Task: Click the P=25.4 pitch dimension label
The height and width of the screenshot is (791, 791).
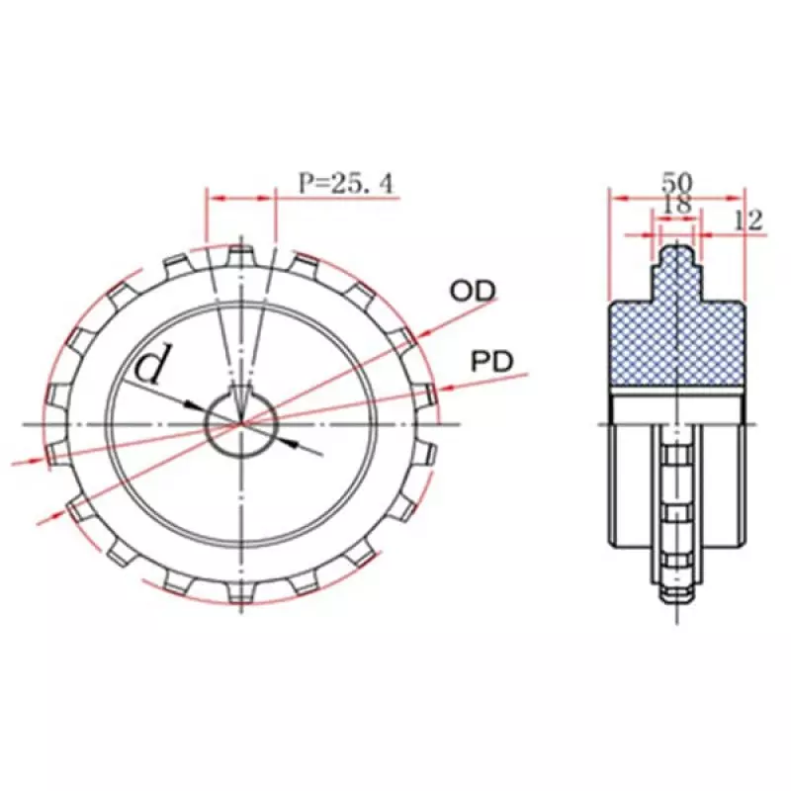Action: (x=345, y=183)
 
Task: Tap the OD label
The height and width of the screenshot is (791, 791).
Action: (x=473, y=291)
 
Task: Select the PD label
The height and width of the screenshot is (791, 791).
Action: (x=491, y=362)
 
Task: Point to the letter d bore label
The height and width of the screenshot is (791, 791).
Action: (x=151, y=364)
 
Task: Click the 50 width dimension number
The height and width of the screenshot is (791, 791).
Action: (x=677, y=182)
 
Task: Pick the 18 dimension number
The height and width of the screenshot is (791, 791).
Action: (x=676, y=205)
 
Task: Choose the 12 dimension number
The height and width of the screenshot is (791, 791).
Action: (x=747, y=220)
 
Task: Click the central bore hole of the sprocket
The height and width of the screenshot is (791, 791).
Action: (x=241, y=425)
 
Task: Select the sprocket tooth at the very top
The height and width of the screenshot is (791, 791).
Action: (x=241, y=255)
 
